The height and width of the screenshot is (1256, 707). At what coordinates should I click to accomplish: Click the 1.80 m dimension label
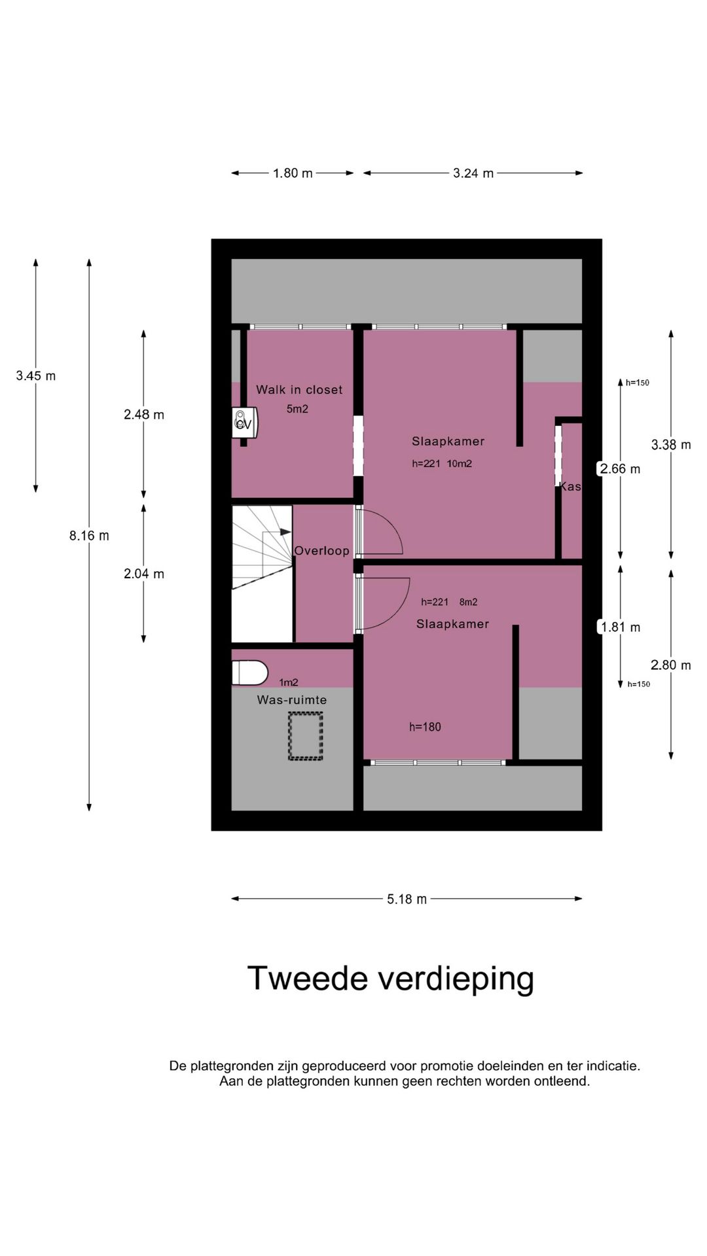pos(293,173)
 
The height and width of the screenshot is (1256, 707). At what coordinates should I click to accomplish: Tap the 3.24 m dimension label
pos(473,173)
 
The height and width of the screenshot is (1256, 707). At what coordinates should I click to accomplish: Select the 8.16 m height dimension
pos(89,536)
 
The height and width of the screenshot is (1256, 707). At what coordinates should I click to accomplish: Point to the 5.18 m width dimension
pos(407,899)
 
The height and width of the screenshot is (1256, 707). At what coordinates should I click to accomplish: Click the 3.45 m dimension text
pos(36,375)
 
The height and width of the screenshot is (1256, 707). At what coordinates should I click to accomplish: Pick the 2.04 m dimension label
pos(144,574)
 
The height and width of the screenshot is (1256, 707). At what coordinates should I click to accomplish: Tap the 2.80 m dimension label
pos(671,665)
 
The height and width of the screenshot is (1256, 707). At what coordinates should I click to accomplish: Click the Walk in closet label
pos(299,390)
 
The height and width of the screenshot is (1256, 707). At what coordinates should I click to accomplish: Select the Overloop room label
pos(321,551)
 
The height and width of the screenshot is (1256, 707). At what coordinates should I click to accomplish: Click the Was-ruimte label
pos(292,700)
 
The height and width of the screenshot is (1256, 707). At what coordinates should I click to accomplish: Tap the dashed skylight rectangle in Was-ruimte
pos(306,737)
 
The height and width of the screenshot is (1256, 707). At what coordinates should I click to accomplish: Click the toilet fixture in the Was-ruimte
pos(250,672)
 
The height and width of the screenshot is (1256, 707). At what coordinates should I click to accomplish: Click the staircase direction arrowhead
pos(285,532)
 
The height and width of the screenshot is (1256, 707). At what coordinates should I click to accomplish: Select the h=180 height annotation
pos(425,727)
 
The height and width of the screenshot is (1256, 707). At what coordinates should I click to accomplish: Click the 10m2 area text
pos(460,464)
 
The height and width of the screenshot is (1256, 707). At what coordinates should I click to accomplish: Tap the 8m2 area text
pos(469,602)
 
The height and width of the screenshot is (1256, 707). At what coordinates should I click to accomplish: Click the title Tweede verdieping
pos(391,979)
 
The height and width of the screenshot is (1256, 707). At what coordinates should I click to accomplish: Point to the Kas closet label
pos(570,487)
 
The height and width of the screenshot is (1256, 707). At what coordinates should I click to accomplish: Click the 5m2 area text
pos(297,410)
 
